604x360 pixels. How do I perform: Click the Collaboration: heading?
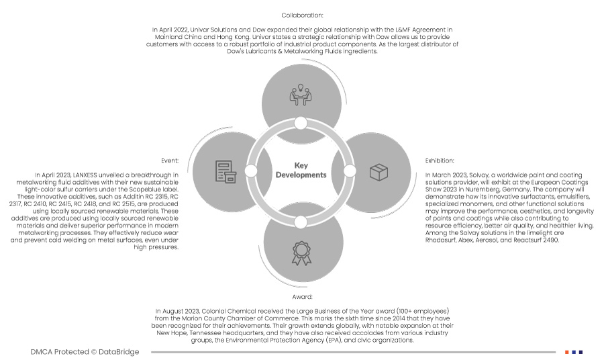302,15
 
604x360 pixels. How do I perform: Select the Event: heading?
169,161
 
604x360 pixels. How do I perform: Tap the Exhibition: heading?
440,161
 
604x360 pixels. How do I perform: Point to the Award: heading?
302,296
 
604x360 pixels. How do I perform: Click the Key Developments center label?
301,170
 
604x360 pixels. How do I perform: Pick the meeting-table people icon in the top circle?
301,95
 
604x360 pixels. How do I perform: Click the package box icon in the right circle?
379,172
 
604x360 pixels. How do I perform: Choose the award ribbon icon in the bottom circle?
301,253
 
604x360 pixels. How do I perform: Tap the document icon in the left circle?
225,172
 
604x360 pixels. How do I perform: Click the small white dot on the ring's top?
301,123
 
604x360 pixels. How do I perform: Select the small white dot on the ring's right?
350,171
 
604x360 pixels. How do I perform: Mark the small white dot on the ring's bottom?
301,222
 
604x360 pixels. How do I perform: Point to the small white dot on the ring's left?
251,171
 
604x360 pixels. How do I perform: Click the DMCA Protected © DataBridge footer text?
85,352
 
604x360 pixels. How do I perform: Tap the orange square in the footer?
567,352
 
